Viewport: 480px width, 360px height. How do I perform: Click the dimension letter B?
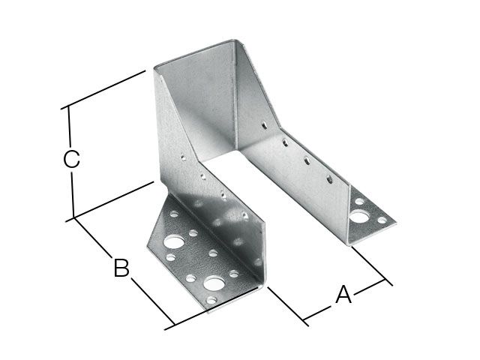click(121, 268)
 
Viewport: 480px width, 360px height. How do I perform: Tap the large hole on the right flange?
click(363, 218)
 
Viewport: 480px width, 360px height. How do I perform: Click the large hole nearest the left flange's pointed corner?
click(174, 243)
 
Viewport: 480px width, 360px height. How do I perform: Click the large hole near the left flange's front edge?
click(216, 283)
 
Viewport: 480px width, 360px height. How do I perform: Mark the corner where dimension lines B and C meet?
click(74, 218)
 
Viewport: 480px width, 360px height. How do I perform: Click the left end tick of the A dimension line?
click(306, 323)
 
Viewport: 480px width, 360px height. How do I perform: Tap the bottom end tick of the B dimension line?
click(172, 326)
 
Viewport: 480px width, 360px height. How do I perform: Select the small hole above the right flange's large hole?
click(359, 201)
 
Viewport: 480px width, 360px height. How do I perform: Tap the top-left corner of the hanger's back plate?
click(154, 70)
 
